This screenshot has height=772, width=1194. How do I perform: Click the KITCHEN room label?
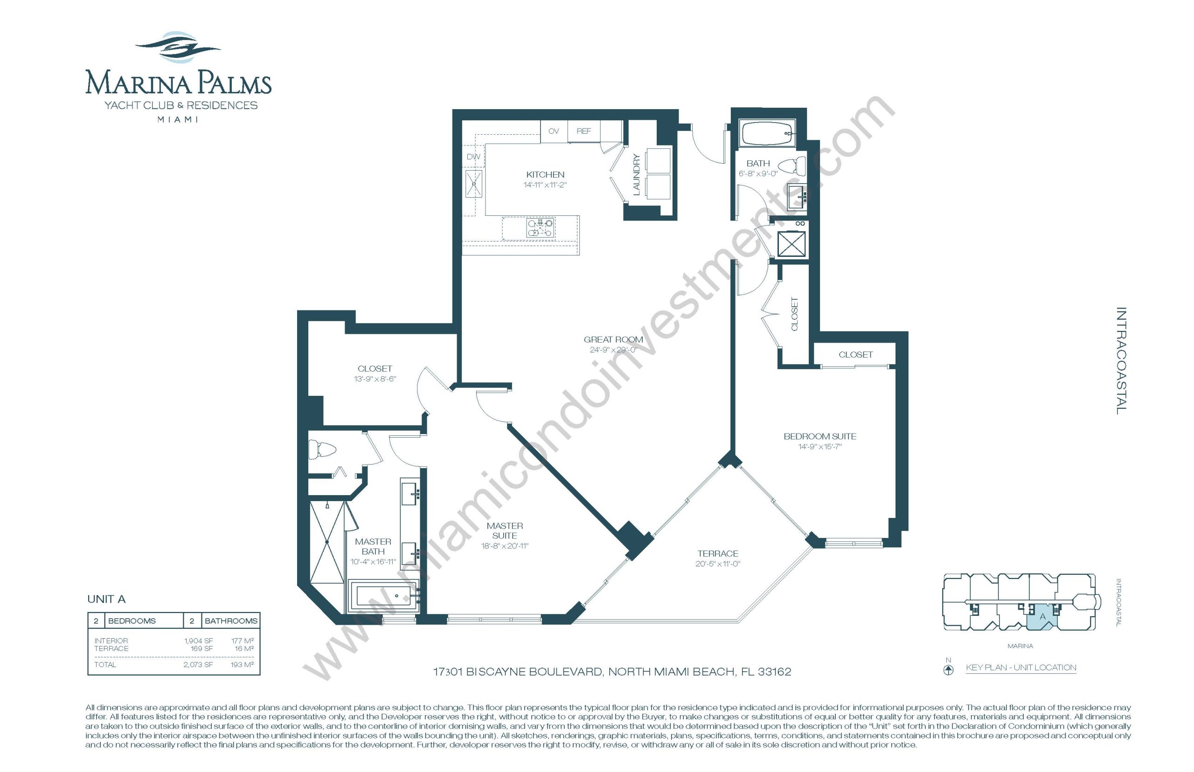click(x=545, y=174)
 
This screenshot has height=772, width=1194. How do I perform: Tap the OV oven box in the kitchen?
click(x=554, y=131)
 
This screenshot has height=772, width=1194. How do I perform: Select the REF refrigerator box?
click(x=584, y=131)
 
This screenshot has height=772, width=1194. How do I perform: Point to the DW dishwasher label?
click(x=473, y=157)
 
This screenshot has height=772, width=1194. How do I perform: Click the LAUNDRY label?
click(x=636, y=174)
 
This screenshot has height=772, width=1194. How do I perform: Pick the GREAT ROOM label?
click(x=613, y=339)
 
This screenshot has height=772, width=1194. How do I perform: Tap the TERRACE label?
click(x=718, y=553)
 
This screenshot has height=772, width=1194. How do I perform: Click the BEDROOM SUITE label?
click(x=820, y=436)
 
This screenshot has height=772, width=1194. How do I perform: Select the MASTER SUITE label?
click(x=505, y=531)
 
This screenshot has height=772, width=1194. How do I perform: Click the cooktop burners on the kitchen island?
click(x=540, y=228)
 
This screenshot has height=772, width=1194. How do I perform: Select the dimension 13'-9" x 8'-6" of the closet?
click(x=375, y=379)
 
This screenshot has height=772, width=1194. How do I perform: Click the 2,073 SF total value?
click(x=198, y=665)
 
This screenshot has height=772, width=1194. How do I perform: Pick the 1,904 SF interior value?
click(x=199, y=641)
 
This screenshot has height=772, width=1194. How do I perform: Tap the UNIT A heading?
click(x=106, y=599)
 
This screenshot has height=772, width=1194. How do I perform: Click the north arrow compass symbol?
click(x=948, y=670)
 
